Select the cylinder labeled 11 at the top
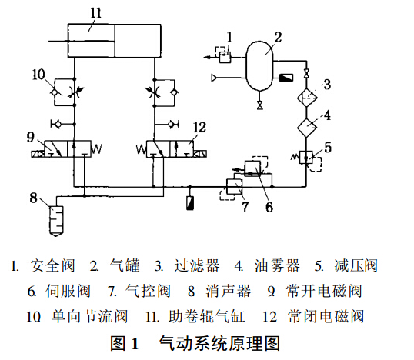(x=115, y=38)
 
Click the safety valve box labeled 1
(x=222, y=56)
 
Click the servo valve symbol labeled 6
(x=254, y=168)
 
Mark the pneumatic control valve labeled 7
(x=232, y=185)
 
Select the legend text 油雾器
(x=277, y=266)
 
